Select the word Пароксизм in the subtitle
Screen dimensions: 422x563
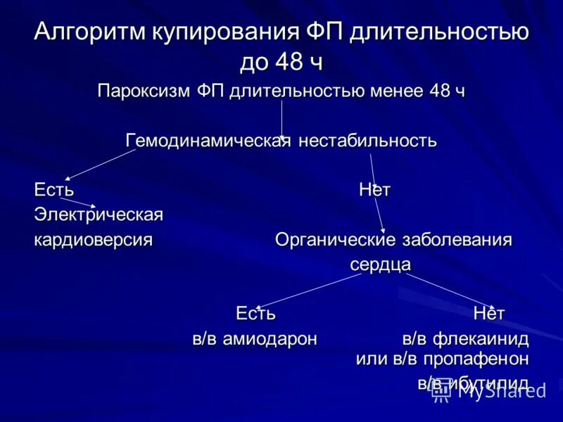tap(144, 91)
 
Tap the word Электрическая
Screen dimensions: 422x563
tap(99, 215)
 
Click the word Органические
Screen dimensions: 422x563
tap(334, 240)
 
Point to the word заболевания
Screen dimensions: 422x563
tap(457, 240)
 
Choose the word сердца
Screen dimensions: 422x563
tap(380, 265)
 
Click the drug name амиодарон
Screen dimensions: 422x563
tap(270, 339)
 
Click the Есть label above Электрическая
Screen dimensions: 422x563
tap(54, 190)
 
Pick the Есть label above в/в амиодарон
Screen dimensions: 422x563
tap(255, 313)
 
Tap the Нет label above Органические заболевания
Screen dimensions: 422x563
tap(374, 190)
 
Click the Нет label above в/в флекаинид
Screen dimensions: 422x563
tap(489, 313)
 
